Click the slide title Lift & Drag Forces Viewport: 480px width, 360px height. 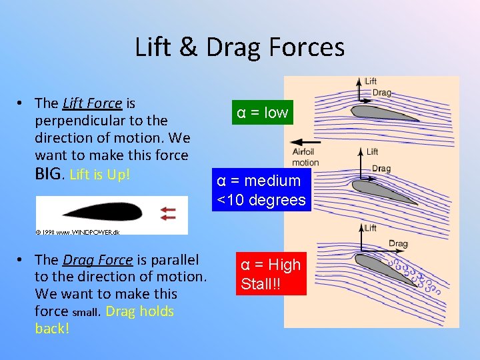[x=239, y=47]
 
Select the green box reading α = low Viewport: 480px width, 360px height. [x=262, y=113]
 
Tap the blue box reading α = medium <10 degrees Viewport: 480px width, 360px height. [x=261, y=190]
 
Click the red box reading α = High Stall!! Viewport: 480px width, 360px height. [x=271, y=274]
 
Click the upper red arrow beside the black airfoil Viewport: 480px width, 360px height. [x=167, y=209]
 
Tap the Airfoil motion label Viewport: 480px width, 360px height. [x=305, y=157]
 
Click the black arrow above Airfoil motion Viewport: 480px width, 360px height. [x=306, y=142]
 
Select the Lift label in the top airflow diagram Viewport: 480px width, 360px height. [x=371, y=81]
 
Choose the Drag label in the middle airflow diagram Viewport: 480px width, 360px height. [x=381, y=169]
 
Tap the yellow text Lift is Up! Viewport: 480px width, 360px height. [x=99, y=175]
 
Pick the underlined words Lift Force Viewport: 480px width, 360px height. [x=92, y=103]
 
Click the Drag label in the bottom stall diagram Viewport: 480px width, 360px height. [x=398, y=244]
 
